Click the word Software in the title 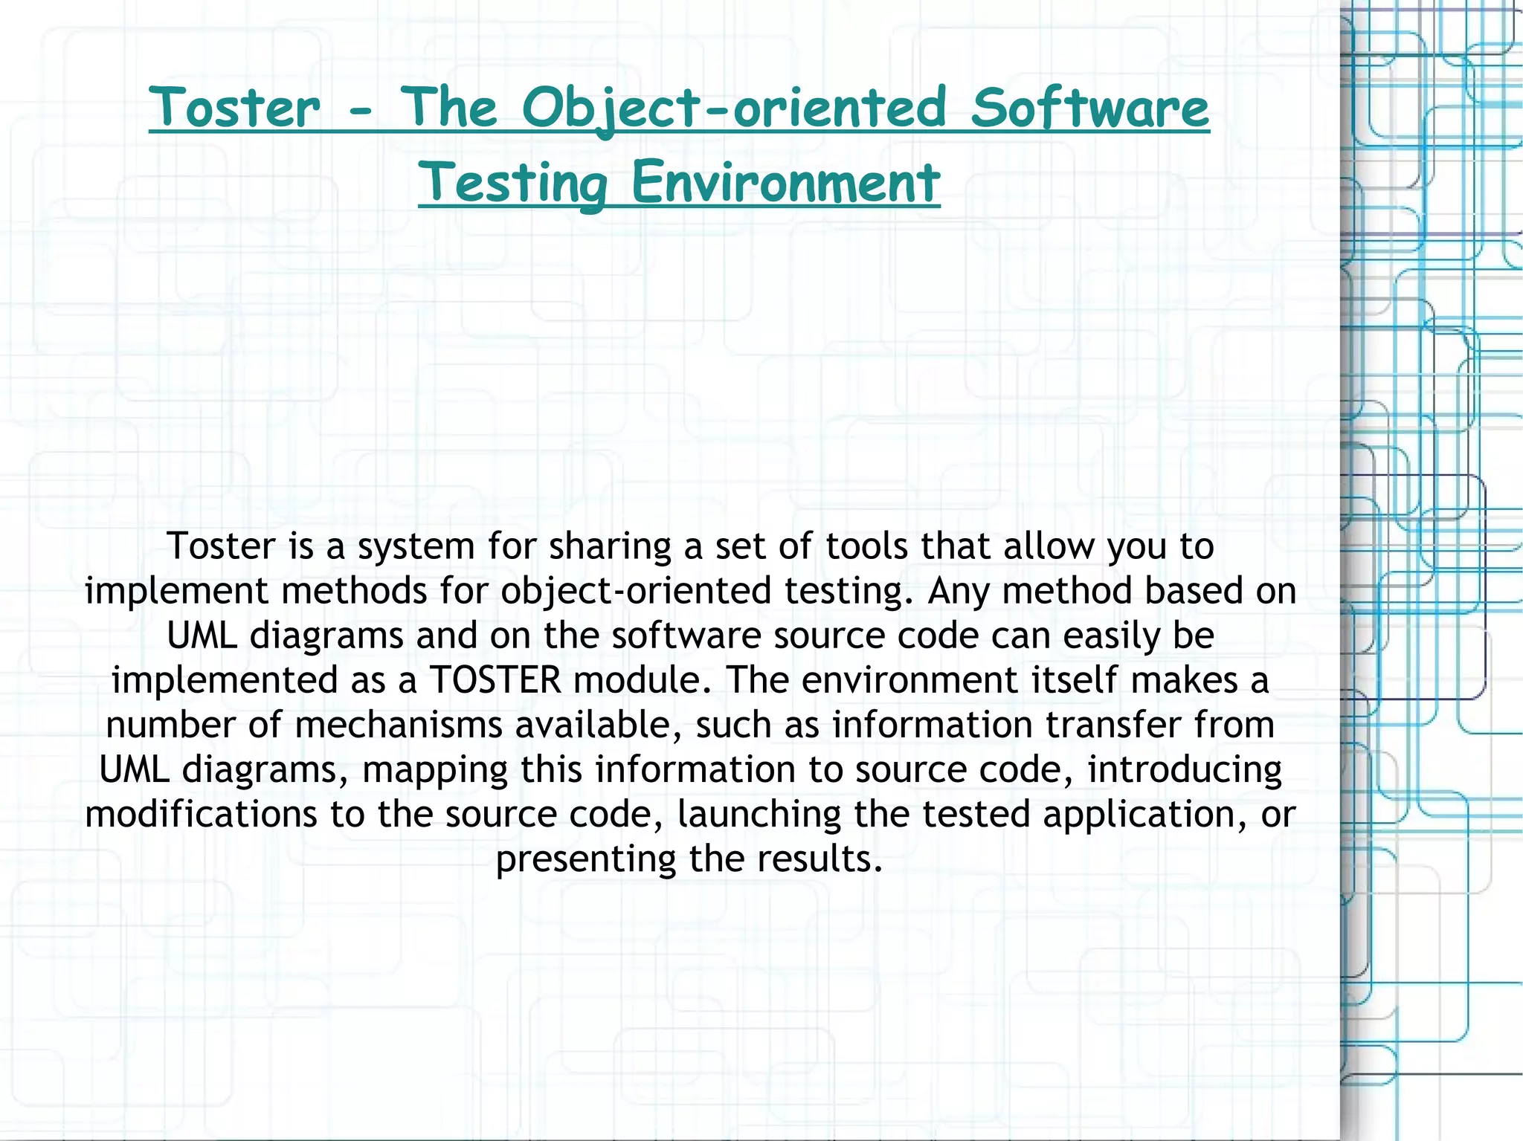[1089, 109]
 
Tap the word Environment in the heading [786, 183]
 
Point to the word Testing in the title [513, 183]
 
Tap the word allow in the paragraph [1049, 546]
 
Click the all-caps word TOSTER [495, 680]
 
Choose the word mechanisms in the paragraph [399, 725]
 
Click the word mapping [434, 770]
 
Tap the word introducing [1185, 769]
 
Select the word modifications [201, 814]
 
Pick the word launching [759, 815]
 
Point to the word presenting [586, 859]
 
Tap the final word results [820, 859]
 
